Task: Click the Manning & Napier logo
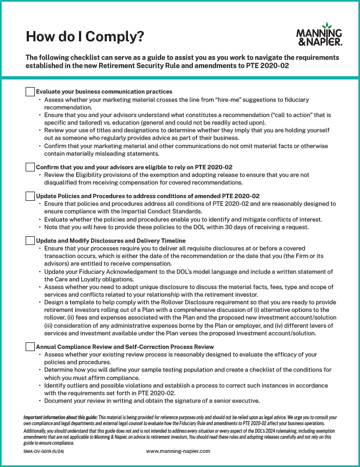coord(319,34)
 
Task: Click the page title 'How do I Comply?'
coord(85,36)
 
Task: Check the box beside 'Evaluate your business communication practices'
coord(30,91)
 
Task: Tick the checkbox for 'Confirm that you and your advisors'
coord(30,167)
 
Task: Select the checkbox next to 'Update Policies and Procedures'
coord(30,196)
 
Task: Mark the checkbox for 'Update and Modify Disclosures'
coord(30,240)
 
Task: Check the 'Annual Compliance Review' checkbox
coord(30,346)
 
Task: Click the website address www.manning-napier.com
coord(178,451)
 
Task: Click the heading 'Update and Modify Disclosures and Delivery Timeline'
coord(111,241)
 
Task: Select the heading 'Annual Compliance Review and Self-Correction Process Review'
coord(125,347)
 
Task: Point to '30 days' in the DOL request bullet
coord(233,227)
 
